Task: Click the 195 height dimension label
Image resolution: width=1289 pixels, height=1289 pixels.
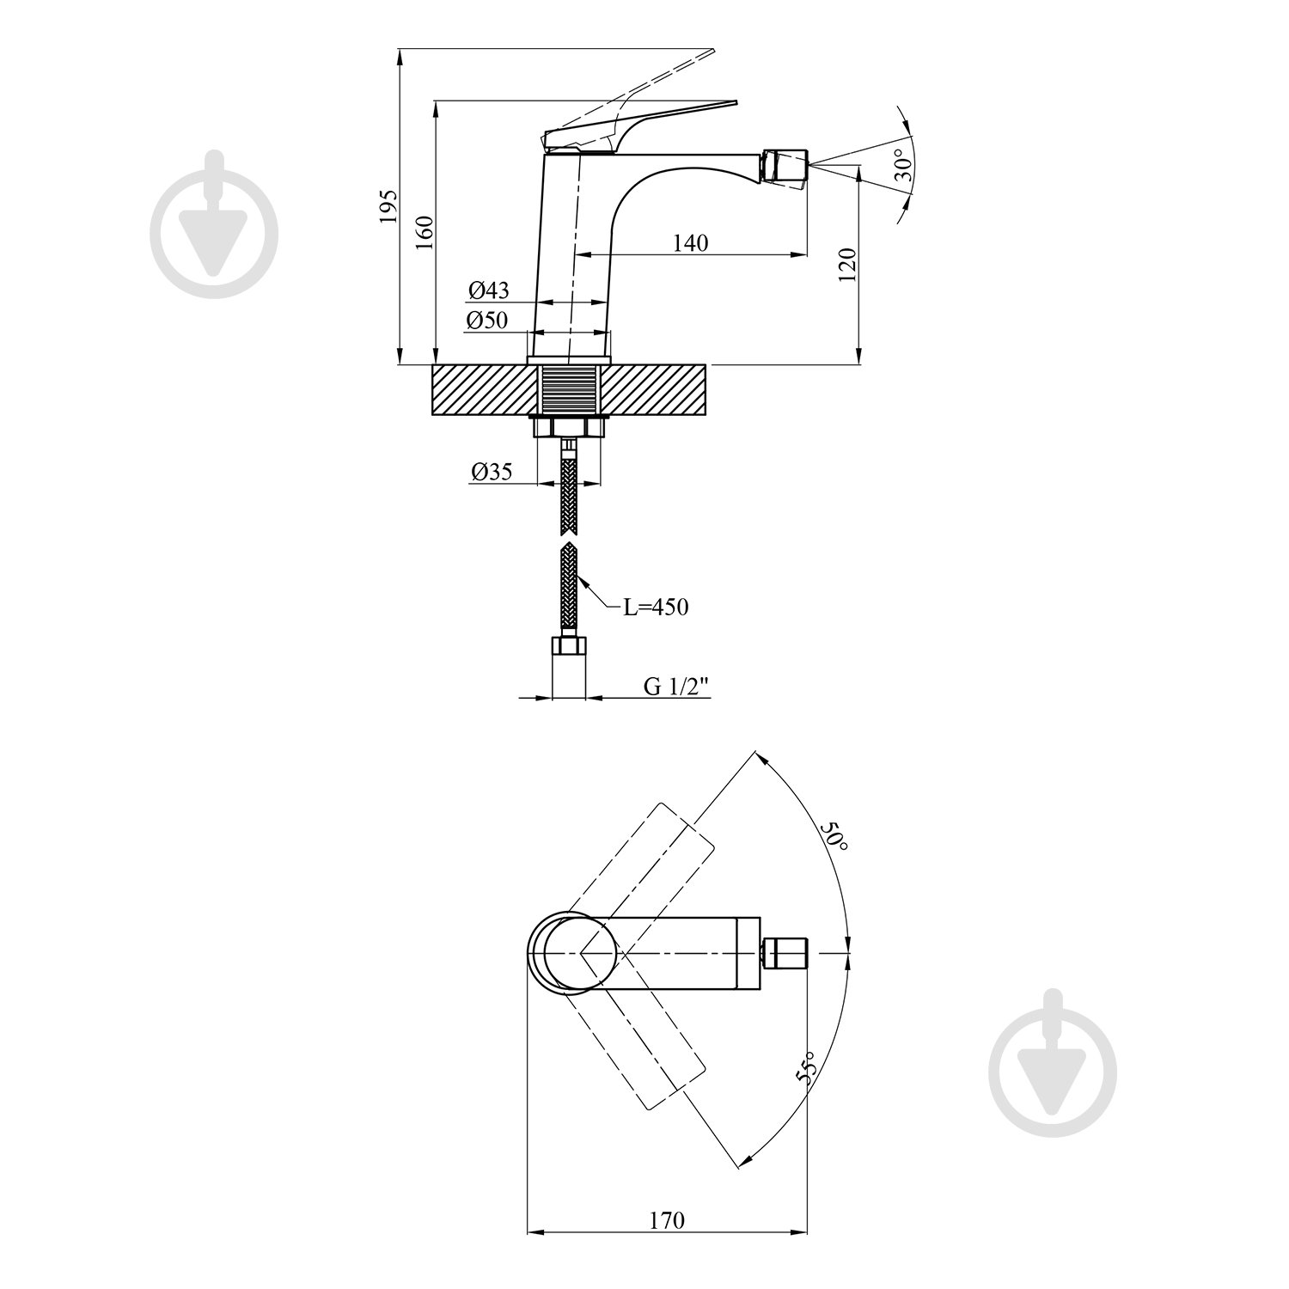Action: (389, 206)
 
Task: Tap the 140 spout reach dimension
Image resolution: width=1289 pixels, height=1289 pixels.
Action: (691, 243)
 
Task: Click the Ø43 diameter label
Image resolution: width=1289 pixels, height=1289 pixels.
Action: (488, 290)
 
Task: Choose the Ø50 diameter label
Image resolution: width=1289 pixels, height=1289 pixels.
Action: (488, 321)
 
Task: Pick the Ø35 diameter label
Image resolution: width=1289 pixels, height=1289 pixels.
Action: (492, 471)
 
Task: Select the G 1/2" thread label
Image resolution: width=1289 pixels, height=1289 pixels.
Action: (678, 686)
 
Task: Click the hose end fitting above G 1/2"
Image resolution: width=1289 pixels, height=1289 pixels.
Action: (568, 647)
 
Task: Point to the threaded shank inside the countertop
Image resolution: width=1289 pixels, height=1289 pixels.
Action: (568, 390)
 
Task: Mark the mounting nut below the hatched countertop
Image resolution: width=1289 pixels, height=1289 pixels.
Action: (568, 427)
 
